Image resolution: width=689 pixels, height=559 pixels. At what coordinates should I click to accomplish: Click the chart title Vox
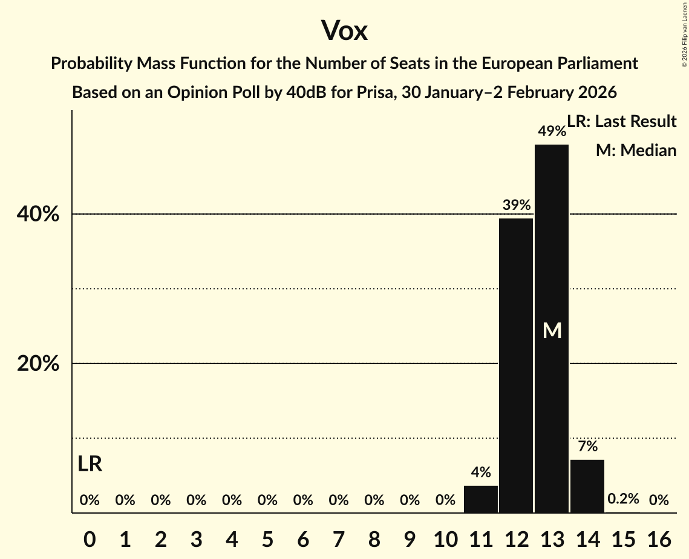pyautogui.click(x=344, y=31)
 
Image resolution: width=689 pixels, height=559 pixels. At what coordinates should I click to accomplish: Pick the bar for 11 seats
pyautogui.click(x=481, y=499)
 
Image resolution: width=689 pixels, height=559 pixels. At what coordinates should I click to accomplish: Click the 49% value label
pyautogui.click(x=552, y=131)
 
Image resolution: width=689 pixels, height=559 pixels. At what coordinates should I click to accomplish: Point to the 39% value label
pyautogui.click(x=516, y=205)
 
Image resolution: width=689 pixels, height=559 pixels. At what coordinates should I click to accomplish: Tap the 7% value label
pyautogui.click(x=587, y=447)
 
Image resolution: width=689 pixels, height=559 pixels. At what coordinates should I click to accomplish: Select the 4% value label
pyautogui.click(x=481, y=472)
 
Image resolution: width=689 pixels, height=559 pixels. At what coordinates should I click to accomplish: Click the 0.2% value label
pyautogui.click(x=623, y=499)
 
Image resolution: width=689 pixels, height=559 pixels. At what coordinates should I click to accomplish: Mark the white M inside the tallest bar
pyautogui.click(x=552, y=330)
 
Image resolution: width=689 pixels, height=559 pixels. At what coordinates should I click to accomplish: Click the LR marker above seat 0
pyautogui.click(x=90, y=465)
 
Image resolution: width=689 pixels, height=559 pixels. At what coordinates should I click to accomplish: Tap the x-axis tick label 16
pyautogui.click(x=659, y=537)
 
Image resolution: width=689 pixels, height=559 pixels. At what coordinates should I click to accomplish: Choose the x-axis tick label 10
pyautogui.click(x=445, y=537)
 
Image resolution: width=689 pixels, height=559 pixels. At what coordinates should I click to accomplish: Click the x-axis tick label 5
pyautogui.click(x=267, y=537)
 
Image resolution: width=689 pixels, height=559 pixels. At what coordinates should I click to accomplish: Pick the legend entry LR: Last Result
pyautogui.click(x=622, y=122)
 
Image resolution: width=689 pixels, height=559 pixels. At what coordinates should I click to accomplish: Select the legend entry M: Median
pyautogui.click(x=636, y=151)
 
